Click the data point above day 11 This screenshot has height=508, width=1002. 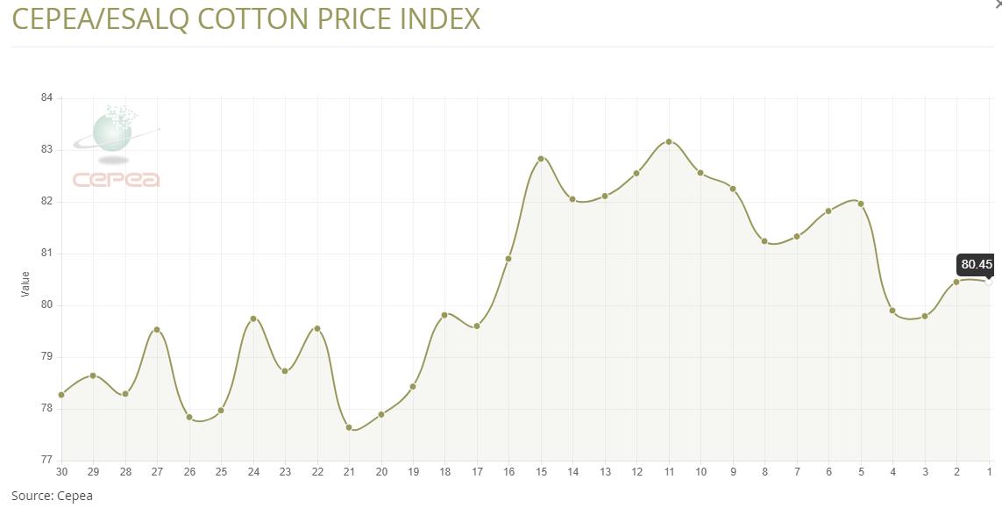[x=669, y=141]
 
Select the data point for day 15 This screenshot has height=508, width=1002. [x=541, y=159]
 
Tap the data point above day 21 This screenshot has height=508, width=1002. [x=349, y=427]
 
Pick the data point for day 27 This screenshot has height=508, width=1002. [x=157, y=330]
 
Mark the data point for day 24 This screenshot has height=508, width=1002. [x=253, y=318]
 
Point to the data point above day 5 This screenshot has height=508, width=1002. [x=861, y=204]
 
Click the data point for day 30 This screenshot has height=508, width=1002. [x=61, y=395]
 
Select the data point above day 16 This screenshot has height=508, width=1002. [x=508, y=259]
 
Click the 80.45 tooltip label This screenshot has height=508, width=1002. [x=977, y=264]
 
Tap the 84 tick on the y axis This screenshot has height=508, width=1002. [x=46, y=97]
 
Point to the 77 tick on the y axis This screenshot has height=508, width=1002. [x=46, y=460]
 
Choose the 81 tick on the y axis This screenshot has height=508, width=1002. [x=46, y=253]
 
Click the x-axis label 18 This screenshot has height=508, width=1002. [x=444, y=472]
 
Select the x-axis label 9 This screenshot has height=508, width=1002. [x=733, y=472]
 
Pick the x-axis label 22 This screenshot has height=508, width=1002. [x=316, y=472]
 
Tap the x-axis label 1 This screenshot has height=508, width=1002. [x=989, y=472]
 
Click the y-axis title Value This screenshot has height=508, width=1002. [x=25, y=283]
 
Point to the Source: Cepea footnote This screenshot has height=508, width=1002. [x=52, y=496]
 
